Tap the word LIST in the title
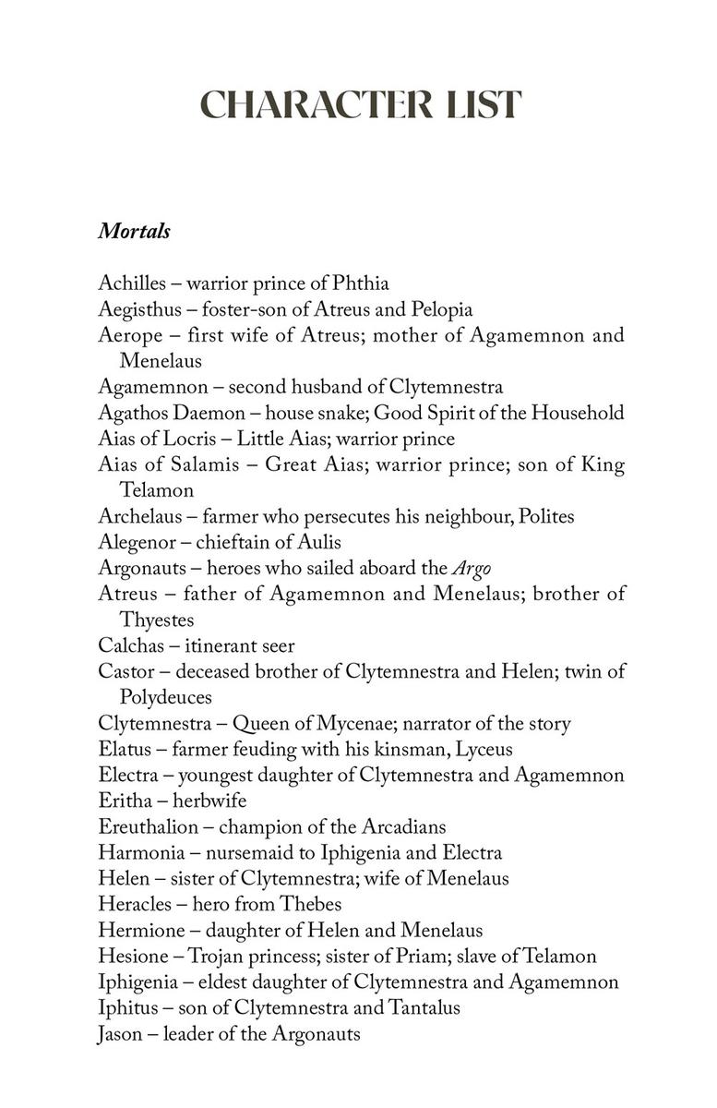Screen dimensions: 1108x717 click(x=481, y=105)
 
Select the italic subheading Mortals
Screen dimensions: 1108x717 click(x=134, y=231)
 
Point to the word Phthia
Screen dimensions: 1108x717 click(x=355, y=283)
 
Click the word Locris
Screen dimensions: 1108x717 click(x=188, y=439)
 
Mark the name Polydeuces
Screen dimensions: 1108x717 click(x=166, y=697)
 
